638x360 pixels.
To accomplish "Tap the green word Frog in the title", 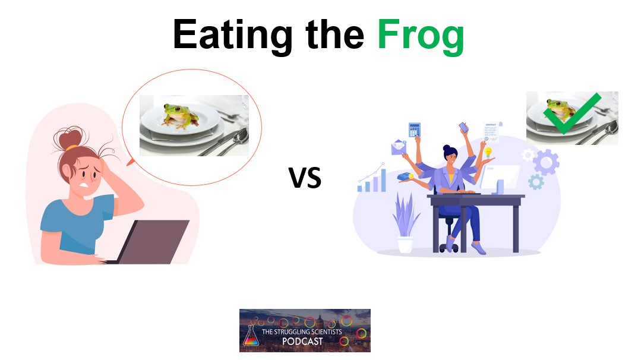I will pyautogui.click(x=421, y=35).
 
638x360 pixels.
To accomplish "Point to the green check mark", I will pyautogui.click(x=571, y=113).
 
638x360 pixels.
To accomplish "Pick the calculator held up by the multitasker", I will pyautogui.click(x=414, y=130).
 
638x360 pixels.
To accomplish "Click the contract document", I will pyautogui.click(x=491, y=131).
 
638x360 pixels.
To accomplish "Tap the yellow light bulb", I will pyautogui.click(x=488, y=153).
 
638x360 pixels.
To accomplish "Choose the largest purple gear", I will pyautogui.click(x=546, y=162).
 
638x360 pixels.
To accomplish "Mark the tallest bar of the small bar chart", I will pyautogui.click(x=383, y=180).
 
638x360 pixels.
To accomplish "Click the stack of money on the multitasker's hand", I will pyautogui.click(x=405, y=176).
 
